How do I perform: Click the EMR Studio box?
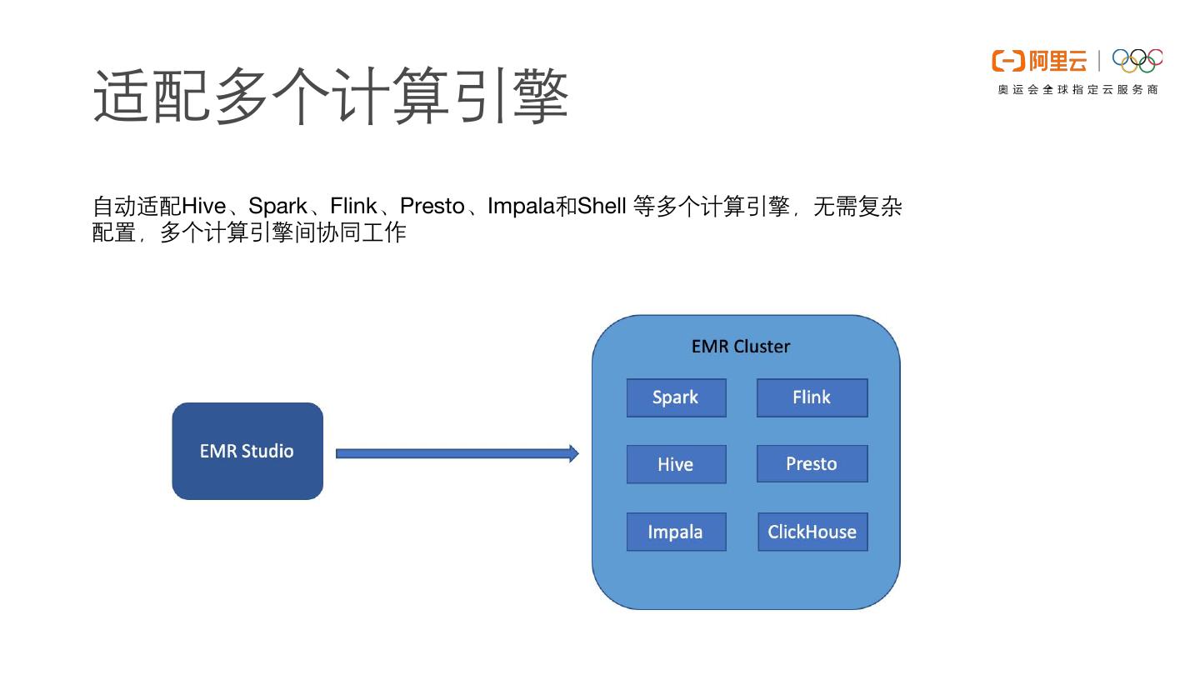[x=247, y=451]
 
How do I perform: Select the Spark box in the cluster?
[x=676, y=397]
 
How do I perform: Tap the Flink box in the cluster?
[x=812, y=397]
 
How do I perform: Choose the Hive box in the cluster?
[x=676, y=464]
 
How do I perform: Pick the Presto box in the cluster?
[x=812, y=463]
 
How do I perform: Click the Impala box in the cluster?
[x=676, y=532]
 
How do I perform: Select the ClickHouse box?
[x=812, y=532]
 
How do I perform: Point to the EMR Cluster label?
[x=740, y=347]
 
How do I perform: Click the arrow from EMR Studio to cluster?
[x=457, y=453]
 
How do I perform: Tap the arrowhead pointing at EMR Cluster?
[x=574, y=453]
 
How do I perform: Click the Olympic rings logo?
[x=1137, y=61]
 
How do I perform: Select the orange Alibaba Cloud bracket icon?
[x=1008, y=61]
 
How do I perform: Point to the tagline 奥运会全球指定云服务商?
[x=1077, y=89]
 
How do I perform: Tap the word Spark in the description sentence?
[x=277, y=207]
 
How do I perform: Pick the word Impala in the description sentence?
[x=521, y=207]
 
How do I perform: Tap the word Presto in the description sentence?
[x=432, y=207]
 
